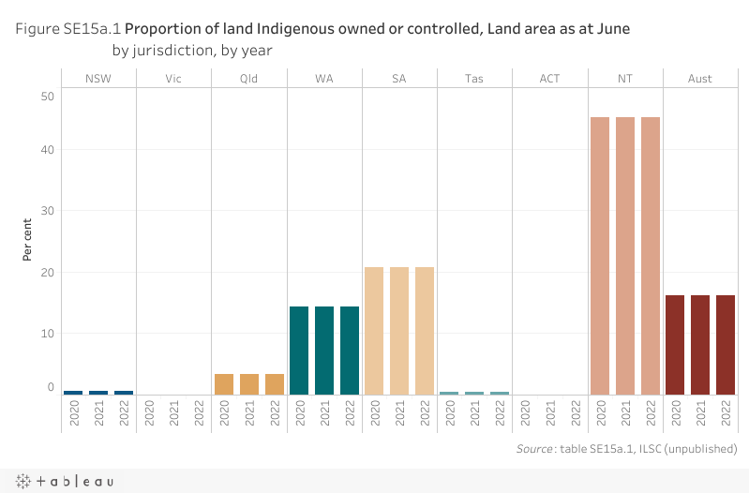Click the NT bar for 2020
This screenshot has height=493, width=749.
pyautogui.click(x=600, y=256)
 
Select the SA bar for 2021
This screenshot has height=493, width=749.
pyautogui.click(x=399, y=331)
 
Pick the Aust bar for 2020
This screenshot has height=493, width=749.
pyautogui.click(x=675, y=345)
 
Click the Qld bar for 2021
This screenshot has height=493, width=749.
pyautogui.click(x=248, y=384)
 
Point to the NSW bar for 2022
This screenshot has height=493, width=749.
pyautogui.click(x=124, y=392)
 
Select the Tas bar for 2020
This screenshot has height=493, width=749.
pyautogui.click(x=449, y=393)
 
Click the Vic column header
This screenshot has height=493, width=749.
pyautogui.click(x=173, y=79)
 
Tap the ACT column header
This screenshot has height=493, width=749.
pyautogui.click(x=549, y=79)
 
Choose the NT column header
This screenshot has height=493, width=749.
pyautogui.click(x=624, y=79)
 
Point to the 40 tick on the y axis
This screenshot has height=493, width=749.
pyautogui.click(x=48, y=150)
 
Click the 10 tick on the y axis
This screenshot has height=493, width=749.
pyautogui.click(x=48, y=334)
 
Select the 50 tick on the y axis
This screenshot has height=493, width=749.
pyautogui.click(x=48, y=96)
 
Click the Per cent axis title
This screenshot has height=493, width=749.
pyautogui.click(x=29, y=242)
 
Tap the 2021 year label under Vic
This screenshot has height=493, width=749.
pyautogui.click(x=174, y=413)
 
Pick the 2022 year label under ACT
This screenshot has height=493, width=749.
pyautogui.click(x=575, y=413)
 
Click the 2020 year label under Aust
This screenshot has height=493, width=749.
pyautogui.click(x=675, y=413)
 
